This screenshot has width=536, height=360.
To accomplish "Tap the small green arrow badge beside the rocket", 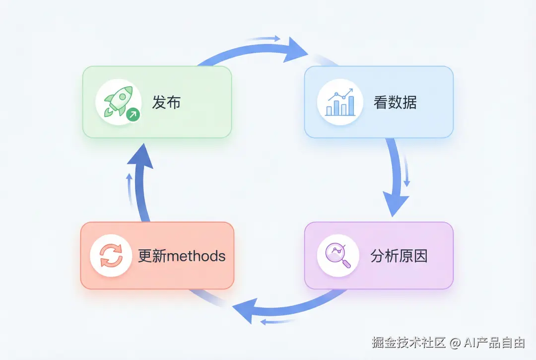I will [133, 115].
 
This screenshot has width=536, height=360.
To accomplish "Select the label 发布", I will [166, 102].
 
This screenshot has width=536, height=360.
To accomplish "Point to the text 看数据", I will [395, 102].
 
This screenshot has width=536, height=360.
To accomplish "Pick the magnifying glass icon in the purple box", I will [338, 255].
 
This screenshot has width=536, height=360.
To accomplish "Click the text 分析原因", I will [399, 256].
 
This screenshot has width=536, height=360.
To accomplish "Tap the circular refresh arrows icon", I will [111, 256].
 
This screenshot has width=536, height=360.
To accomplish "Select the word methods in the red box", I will [196, 256].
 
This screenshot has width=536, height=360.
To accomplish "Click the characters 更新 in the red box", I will [152, 256].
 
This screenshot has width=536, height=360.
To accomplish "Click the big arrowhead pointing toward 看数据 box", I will [295, 51].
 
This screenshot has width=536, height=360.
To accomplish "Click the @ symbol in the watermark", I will [455, 342].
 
